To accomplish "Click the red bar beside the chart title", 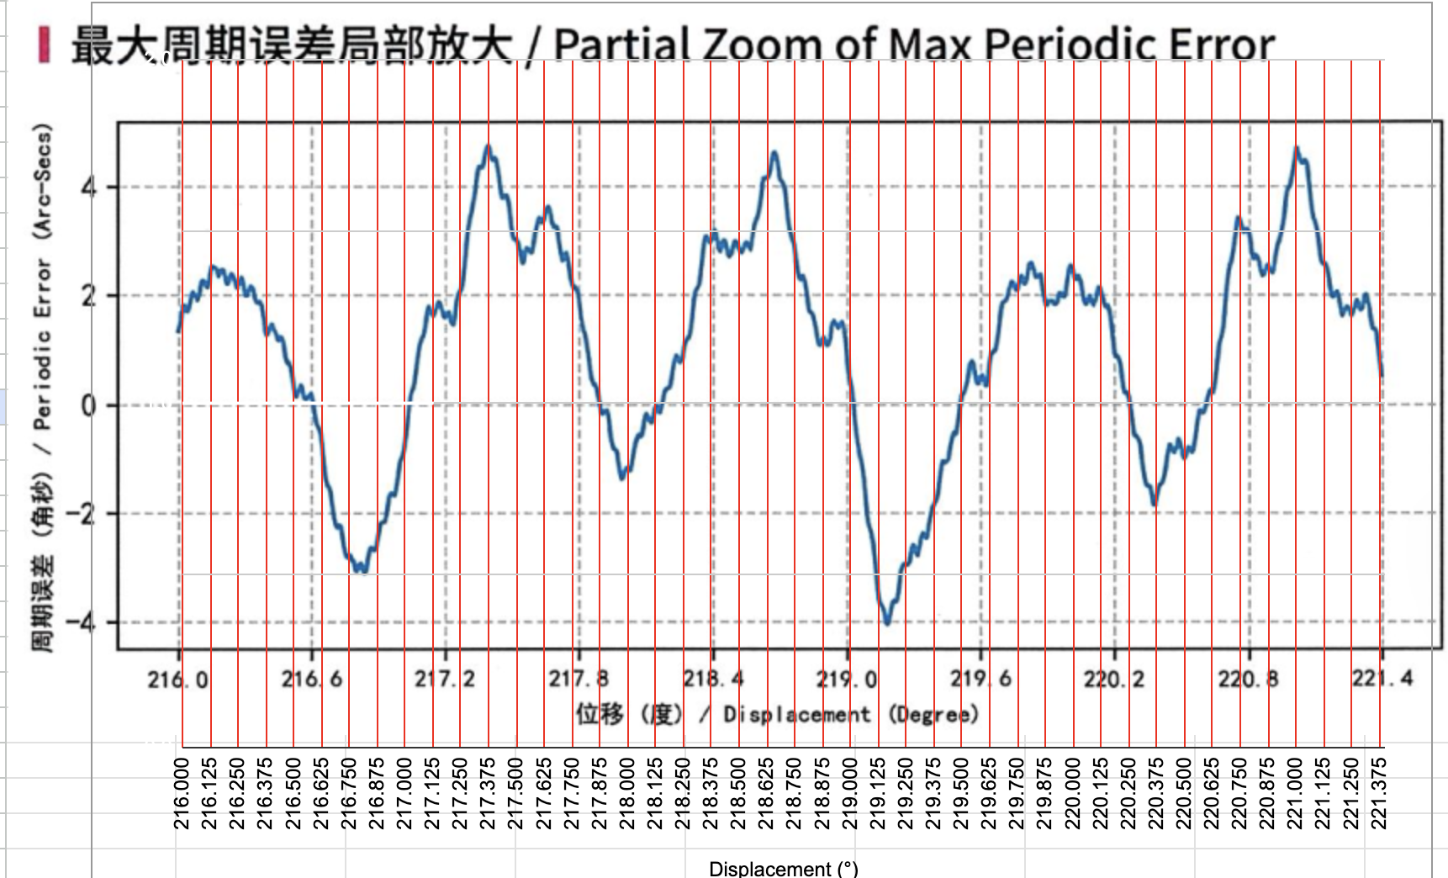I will click(x=44, y=45).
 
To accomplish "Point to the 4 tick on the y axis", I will click(x=88, y=187).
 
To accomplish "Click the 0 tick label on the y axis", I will click(x=88, y=405).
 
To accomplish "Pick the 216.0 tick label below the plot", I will click(x=178, y=679).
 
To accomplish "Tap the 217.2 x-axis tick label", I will click(x=445, y=678).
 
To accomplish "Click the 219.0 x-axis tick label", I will click(x=847, y=678).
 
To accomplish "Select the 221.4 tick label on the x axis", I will click(x=1382, y=678).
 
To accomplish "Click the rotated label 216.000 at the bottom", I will click(x=182, y=793).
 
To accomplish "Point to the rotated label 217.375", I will click(x=488, y=793).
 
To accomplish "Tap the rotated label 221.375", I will click(x=1378, y=793).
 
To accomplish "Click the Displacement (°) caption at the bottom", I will click(x=784, y=868).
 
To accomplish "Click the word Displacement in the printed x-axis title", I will click(x=796, y=715).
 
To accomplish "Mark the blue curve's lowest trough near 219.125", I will click(x=887, y=622).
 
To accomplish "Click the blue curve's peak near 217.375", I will click(x=488, y=147).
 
